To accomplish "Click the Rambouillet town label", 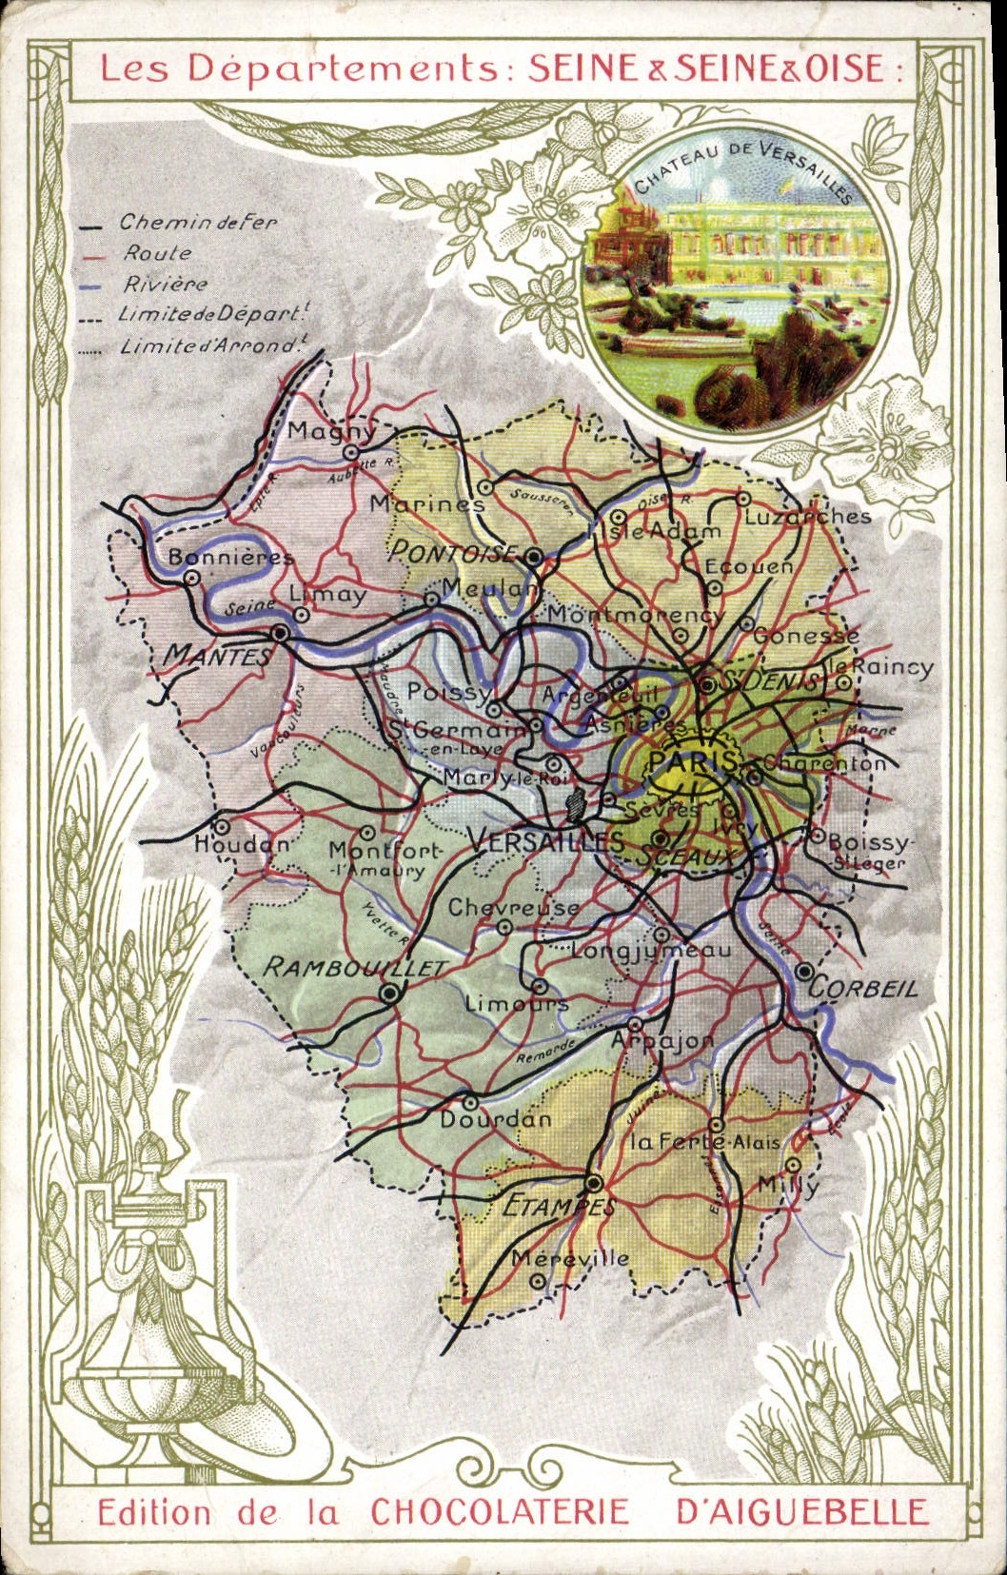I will pos(354,968).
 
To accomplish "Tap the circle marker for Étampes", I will pos(594,1183).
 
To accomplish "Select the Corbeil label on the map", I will pos(863,988).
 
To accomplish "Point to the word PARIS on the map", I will pos(692,760).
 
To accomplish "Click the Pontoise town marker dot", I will pos(535,556).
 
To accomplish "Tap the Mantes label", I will pos(217,655).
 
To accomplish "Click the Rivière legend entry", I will pos(165,284).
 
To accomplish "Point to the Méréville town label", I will pos(569,1258).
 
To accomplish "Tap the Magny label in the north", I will pos(331,431).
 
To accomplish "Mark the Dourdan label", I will pos(495,1120).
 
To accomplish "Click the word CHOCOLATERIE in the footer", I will pos(500,1511).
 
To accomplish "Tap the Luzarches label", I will pos(807,517).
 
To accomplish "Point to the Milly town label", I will pos(787,1185).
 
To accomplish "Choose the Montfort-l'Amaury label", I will pos(385,858).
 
